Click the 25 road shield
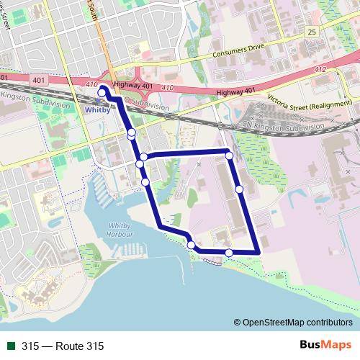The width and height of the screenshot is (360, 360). coord(311,32)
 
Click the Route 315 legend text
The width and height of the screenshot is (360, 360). coord(63,346)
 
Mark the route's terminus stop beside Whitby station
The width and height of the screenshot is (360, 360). coord(103,90)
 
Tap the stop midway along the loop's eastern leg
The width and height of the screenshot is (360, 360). coord(238,189)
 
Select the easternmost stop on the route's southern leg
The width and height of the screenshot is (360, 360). coord(229,252)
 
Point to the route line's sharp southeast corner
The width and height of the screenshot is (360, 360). coord(258,252)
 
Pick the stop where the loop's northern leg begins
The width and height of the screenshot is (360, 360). coord(144,157)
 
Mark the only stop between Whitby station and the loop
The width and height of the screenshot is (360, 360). coord(131,133)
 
